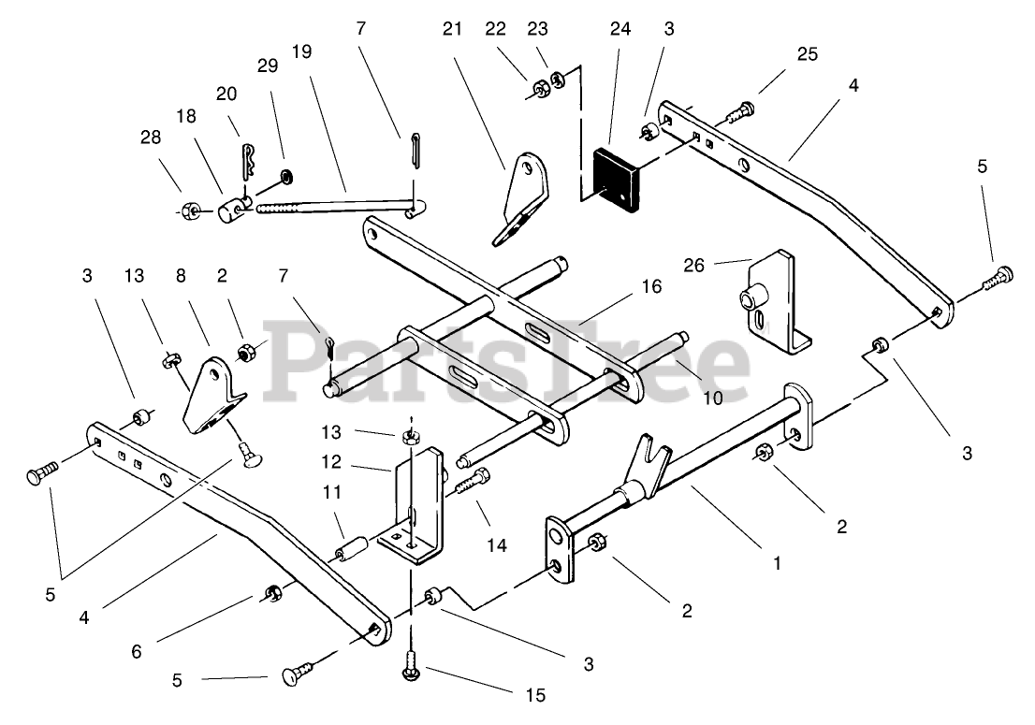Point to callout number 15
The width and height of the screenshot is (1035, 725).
[x=535, y=695]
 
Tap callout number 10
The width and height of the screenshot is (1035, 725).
[x=713, y=398]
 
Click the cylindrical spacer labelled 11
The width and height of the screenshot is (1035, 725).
[x=351, y=548]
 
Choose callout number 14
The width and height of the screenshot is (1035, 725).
[x=496, y=544]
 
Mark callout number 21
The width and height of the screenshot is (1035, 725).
[x=453, y=30]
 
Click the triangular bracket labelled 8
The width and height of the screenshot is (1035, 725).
[x=211, y=402]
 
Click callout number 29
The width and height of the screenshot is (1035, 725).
[x=268, y=67]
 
